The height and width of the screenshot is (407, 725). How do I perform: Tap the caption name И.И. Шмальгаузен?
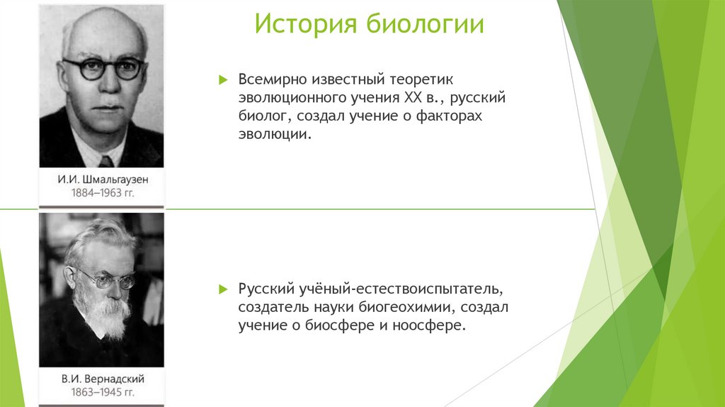[x=103, y=179]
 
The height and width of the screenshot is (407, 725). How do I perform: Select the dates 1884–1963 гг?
[x=103, y=192]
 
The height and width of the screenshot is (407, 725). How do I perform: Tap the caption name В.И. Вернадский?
[x=103, y=378]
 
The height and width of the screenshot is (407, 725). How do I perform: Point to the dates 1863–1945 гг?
[x=103, y=391]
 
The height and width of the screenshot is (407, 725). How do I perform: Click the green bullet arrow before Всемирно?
[x=222, y=79]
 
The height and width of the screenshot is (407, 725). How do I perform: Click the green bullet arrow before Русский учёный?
[x=222, y=290]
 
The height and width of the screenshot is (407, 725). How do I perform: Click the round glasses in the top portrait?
[x=103, y=69]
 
